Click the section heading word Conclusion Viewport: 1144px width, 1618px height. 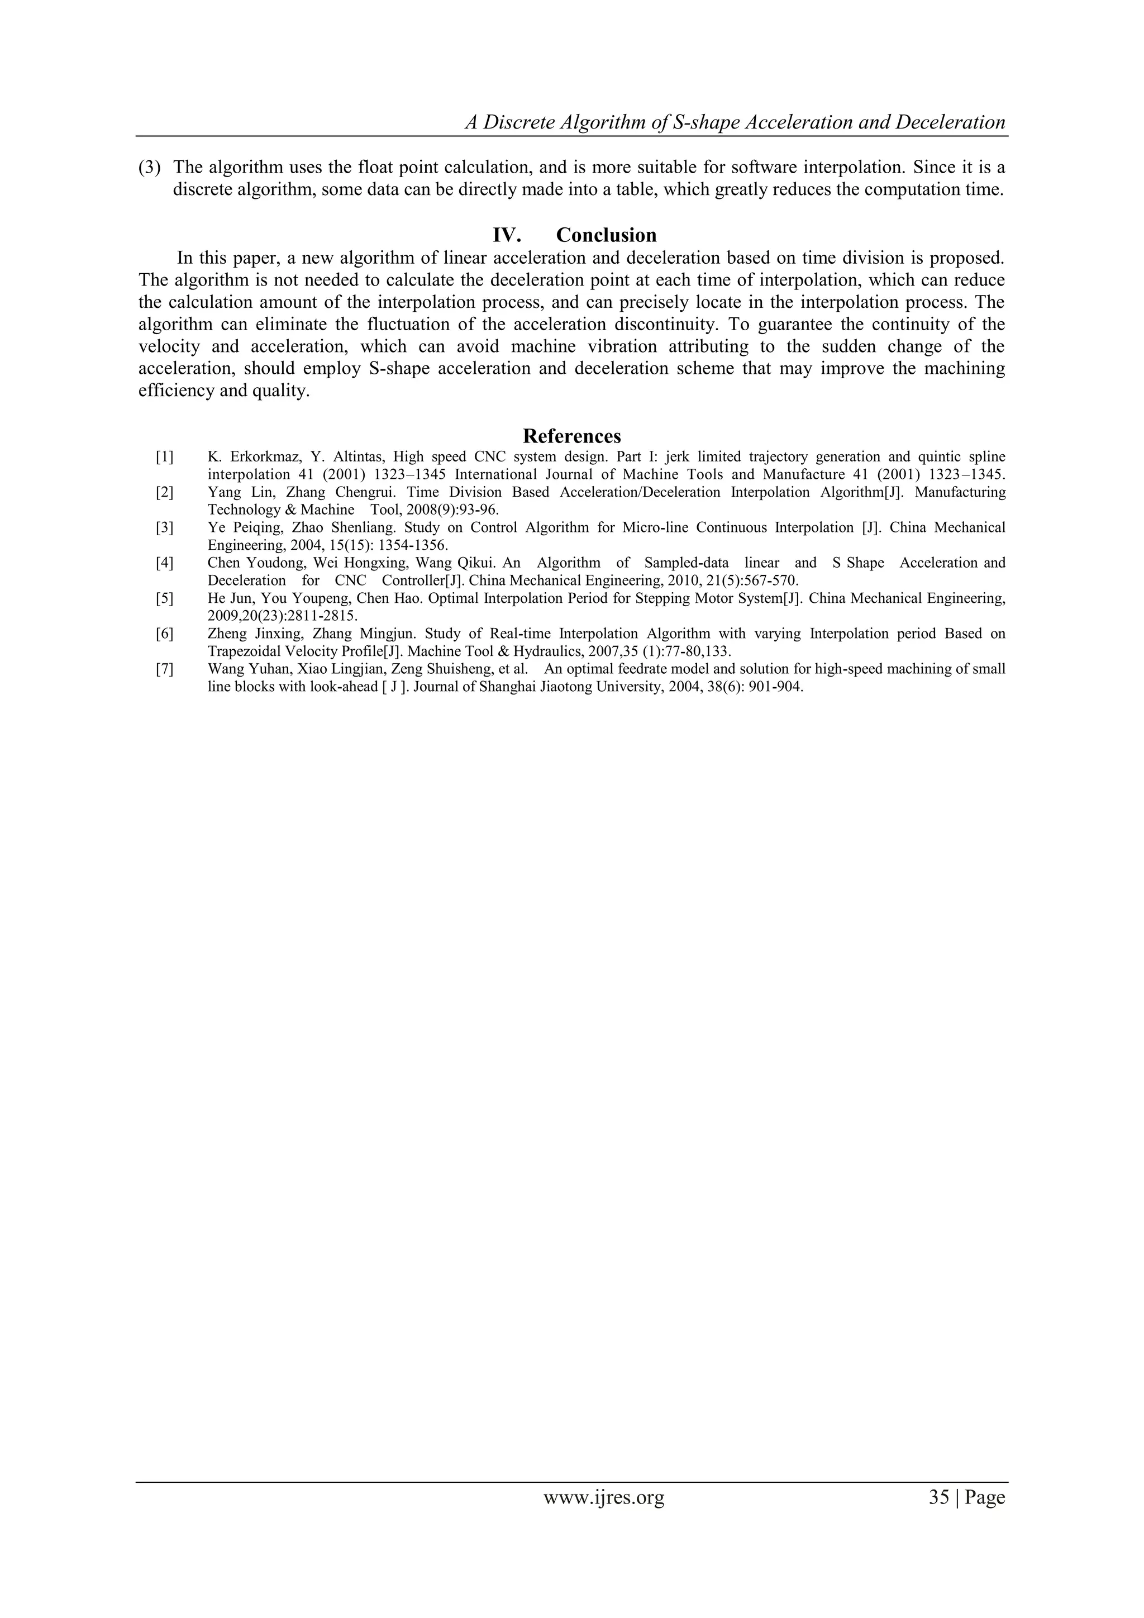606,235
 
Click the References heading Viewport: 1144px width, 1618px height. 571,436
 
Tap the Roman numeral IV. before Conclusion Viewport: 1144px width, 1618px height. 507,235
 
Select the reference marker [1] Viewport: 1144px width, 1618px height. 164,456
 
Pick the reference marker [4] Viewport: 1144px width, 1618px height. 164,563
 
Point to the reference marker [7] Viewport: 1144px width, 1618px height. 164,669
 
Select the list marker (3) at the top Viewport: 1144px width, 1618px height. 149,168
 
